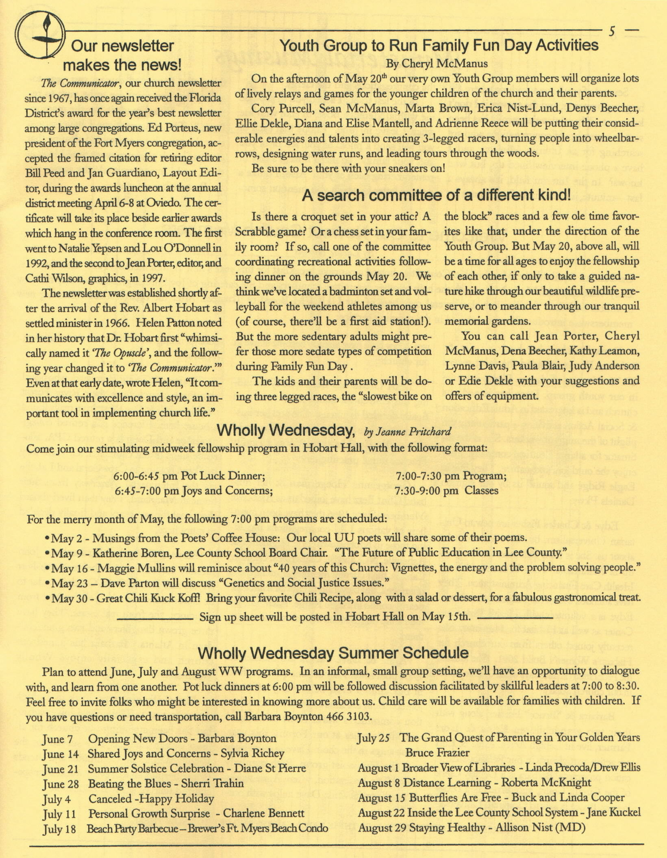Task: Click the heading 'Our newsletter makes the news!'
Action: (x=122, y=55)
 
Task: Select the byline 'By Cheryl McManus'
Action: (x=437, y=63)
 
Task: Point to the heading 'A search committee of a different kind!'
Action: (x=437, y=196)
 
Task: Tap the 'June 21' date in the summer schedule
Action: (x=60, y=769)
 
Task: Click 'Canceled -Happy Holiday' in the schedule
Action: (x=151, y=799)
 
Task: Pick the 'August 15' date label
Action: (x=382, y=798)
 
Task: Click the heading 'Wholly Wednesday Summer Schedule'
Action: (x=333, y=653)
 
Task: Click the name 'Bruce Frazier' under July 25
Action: (x=437, y=753)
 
